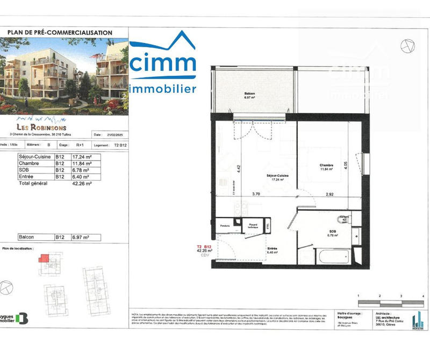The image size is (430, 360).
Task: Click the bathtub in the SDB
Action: pyautogui.click(x=334, y=255)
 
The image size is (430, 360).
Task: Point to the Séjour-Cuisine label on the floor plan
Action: pyautogui.click(x=278, y=178)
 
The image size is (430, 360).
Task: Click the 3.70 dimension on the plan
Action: pyautogui.click(x=256, y=193)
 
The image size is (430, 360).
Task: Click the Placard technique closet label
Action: pyautogui.click(x=253, y=226)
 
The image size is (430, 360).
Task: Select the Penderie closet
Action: pyautogui.click(x=225, y=226)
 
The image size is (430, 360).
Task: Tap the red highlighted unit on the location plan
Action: pyautogui.click(x=43, y=259)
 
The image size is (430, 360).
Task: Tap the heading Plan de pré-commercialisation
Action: pyautogui.click(x=60, y=33)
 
